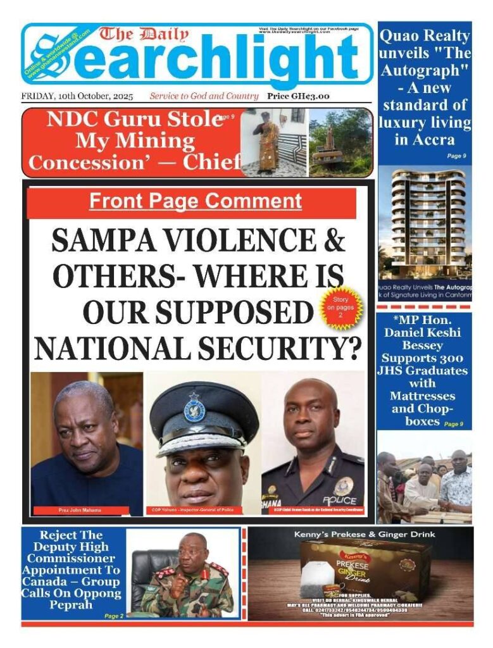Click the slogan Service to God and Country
coord(204,96)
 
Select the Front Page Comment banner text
coord(195,201)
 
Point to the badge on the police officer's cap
coord(194,409)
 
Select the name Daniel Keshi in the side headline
coord(425,332)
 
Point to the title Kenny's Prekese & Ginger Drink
coord(364,535)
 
